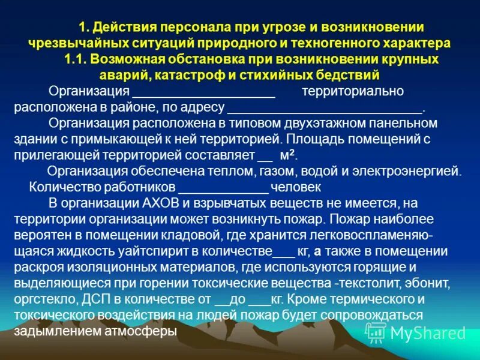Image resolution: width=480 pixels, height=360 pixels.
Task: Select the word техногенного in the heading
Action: tap(338, 44)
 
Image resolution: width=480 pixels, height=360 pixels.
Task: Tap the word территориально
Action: tap(353, 92)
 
